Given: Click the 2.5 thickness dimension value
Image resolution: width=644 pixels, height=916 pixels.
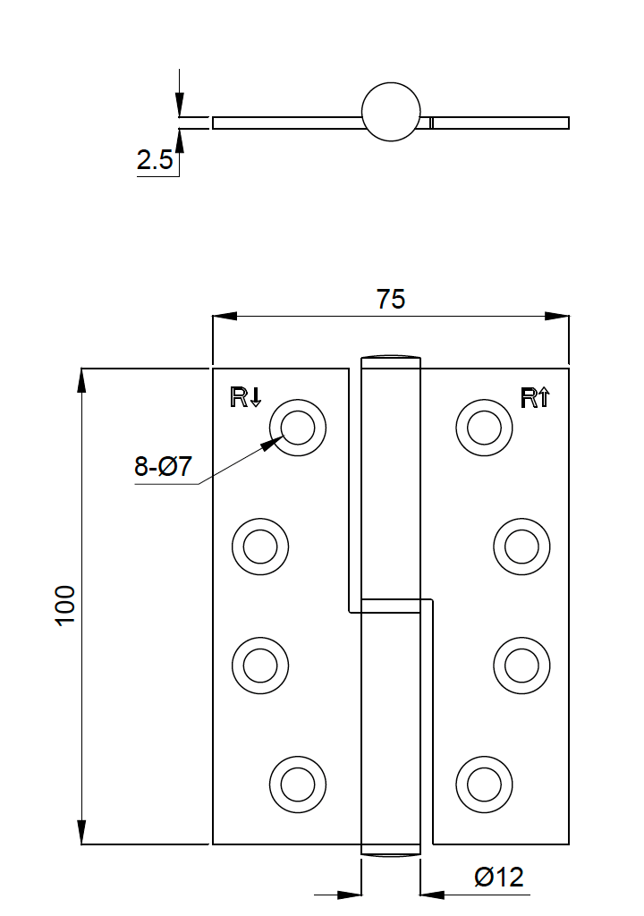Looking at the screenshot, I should pyautogui.click(x=154, y=161).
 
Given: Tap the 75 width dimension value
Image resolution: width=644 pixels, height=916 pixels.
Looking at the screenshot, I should pyautogui.click(x=391, y=299).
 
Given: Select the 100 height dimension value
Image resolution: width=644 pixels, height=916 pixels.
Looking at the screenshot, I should pyautogui.click(x=65, y=606).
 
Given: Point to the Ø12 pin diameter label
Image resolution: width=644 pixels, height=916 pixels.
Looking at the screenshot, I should pyautogui.click(x=499, y=877).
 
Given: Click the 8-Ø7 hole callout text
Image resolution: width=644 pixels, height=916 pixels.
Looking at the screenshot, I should pyautogui.click(x=164, y=467).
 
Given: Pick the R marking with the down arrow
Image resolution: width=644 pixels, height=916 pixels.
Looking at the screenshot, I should pyautogui.click(x=246, y=397).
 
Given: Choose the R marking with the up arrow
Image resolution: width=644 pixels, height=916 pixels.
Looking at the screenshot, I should pyautogui.click(x=535, y=397).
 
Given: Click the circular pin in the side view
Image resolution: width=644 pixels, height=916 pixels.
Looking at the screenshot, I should pyautogui.click(x=391, y=112).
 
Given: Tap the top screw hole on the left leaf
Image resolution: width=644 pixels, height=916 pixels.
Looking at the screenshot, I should pyautogui.click(x=298, y=427).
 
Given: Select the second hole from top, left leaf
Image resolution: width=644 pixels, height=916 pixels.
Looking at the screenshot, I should pyautogui.click(x=260, y=546).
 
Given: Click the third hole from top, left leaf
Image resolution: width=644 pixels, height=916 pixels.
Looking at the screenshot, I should pyautogui.click(x=260, y=665).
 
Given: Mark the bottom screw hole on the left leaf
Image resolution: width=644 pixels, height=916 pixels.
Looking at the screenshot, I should pyautogui.click(x=298, y=785).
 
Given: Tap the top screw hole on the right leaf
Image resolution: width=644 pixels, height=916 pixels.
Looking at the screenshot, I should pyautogui.click(x=484, y=427).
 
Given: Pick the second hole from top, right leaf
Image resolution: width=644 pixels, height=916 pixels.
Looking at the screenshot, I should pyautogui.click(x=521, y=546).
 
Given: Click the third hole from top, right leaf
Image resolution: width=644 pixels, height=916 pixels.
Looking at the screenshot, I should pyautogui.click(x=521, y=665).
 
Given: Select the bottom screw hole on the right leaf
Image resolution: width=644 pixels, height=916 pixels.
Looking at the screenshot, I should pyautogui.click(x=484, y=785).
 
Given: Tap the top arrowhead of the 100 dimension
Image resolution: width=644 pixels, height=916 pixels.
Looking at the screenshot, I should pyautogui.click(x=81, y=379).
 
